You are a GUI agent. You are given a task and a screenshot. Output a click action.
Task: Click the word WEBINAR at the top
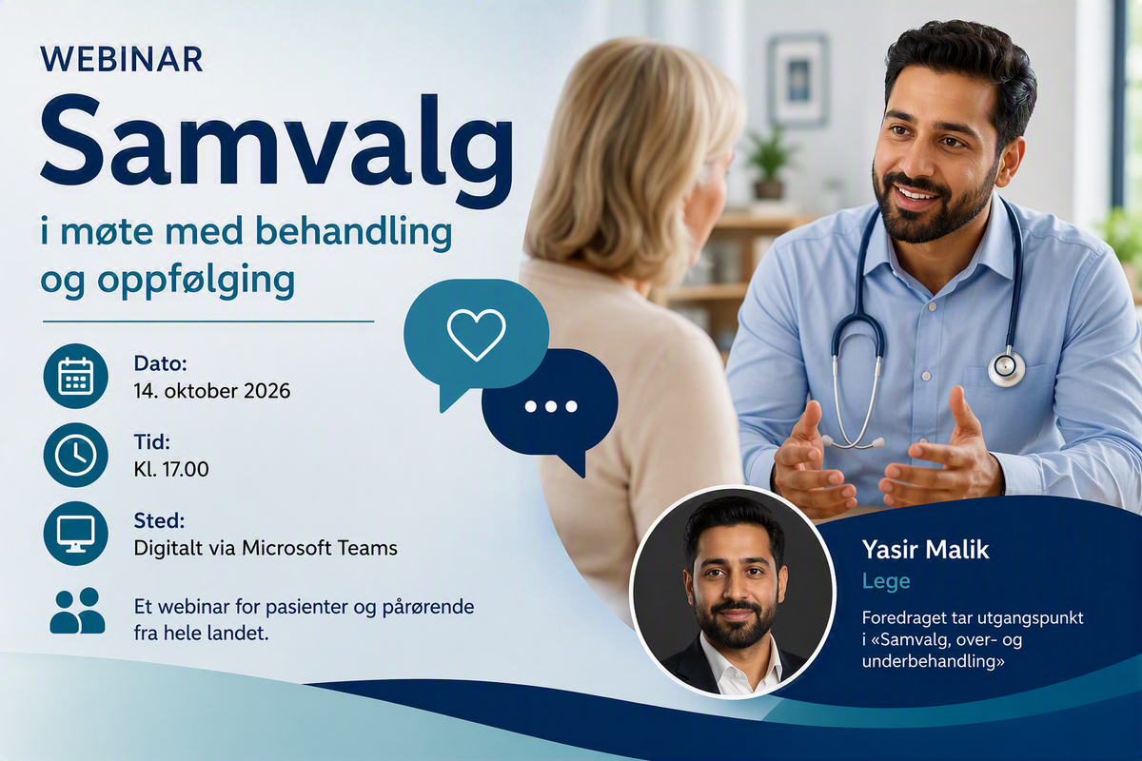[x=122, y=60]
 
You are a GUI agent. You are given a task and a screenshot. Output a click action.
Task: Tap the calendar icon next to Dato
[x=76, y=376]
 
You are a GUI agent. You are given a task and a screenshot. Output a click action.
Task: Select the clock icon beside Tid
[x=76, y=455]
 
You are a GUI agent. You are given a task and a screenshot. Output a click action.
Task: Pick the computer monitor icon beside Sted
[x=76, y=533]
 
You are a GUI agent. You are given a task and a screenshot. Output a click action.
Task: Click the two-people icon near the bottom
[x=77, y=611]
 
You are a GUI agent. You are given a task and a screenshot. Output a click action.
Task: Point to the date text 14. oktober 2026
[x=212, y=391]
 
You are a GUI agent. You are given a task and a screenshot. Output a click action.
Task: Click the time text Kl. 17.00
[x=171, y=469]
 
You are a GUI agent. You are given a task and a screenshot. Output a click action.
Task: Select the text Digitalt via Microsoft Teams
[x=266, y=548]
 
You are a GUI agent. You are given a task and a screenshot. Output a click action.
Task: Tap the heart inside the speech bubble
[x=476, y=335]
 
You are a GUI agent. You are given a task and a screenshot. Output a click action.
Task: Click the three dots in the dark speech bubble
[x=551, y=406]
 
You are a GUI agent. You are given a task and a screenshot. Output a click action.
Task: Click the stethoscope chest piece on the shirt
[x=1007, y=367]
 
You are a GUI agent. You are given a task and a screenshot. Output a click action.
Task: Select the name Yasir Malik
[x=925, y=550]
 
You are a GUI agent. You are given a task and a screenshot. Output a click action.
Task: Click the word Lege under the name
[x=886, y=581]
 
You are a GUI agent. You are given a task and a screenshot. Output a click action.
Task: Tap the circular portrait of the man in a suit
[x=733, y=592]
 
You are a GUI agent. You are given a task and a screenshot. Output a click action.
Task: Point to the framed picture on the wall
[x=798, y=80]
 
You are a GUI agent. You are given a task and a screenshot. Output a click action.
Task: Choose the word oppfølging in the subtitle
[x=196, y=282]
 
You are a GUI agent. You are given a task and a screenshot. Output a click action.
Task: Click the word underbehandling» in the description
[x=934, y=662]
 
